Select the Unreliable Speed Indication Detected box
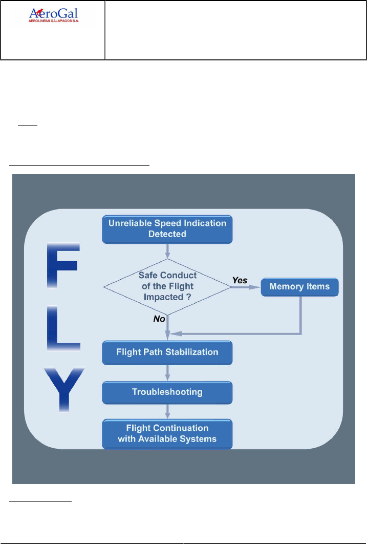pyautogui.click(x=167, y=228)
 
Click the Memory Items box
pyautogui.click(x=300, y=286)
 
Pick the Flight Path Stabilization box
pyautogui.click(x=167, y=352)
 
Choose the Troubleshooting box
pyautogui.click(x=167, y=392)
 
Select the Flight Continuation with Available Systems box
pyautogui.click(x=167, y=433)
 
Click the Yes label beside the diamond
pyautogui.click(x=240, y=280)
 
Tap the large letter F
pyautogui.click(x=62, y=265)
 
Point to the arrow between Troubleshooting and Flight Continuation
pyautogui.click(x=167, y=411)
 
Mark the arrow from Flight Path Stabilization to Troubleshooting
pyautogui.click(x=167, y=372)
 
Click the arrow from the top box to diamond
pyautogui.click(x=167, y=250)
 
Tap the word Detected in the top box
pyautogui.click(x=167, y=234)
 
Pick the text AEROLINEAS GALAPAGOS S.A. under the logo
pyautogui.click(x=53, y=23)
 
